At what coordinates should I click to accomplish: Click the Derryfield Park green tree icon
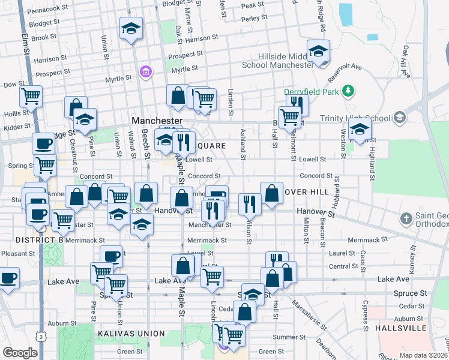pos(347,91)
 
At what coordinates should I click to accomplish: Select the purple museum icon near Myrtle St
pos(144,73)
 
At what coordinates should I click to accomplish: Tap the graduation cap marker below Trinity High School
pos(360,128)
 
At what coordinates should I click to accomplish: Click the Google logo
pos(20,353)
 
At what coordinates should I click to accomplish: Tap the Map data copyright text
pos(424,355)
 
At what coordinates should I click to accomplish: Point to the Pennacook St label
pos(47,11)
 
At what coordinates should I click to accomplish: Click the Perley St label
pos(254,18)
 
